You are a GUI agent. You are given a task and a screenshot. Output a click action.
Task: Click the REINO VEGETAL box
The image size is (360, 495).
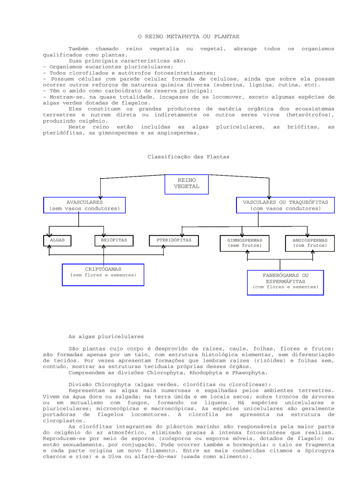coord(187,184)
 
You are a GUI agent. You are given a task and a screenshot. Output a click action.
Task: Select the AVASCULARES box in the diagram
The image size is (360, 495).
coord(84,205)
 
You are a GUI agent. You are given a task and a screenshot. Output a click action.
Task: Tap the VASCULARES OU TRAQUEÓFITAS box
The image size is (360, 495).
coord(285,205)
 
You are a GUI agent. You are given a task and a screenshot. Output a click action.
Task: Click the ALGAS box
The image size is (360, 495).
coord(57,240)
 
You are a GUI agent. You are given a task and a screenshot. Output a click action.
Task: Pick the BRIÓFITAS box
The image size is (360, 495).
coord(114,240)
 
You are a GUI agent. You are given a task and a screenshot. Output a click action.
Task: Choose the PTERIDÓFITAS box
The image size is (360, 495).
coord(174,240)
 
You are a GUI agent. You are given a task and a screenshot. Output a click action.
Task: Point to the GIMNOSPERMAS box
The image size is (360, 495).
coord(244,243)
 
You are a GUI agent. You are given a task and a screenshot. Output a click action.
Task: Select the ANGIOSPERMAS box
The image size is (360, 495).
coord(310,243)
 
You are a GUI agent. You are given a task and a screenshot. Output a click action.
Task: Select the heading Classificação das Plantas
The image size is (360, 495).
coord(188,156)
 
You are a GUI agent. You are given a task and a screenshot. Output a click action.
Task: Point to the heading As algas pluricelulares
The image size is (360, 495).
coord(106,336)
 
